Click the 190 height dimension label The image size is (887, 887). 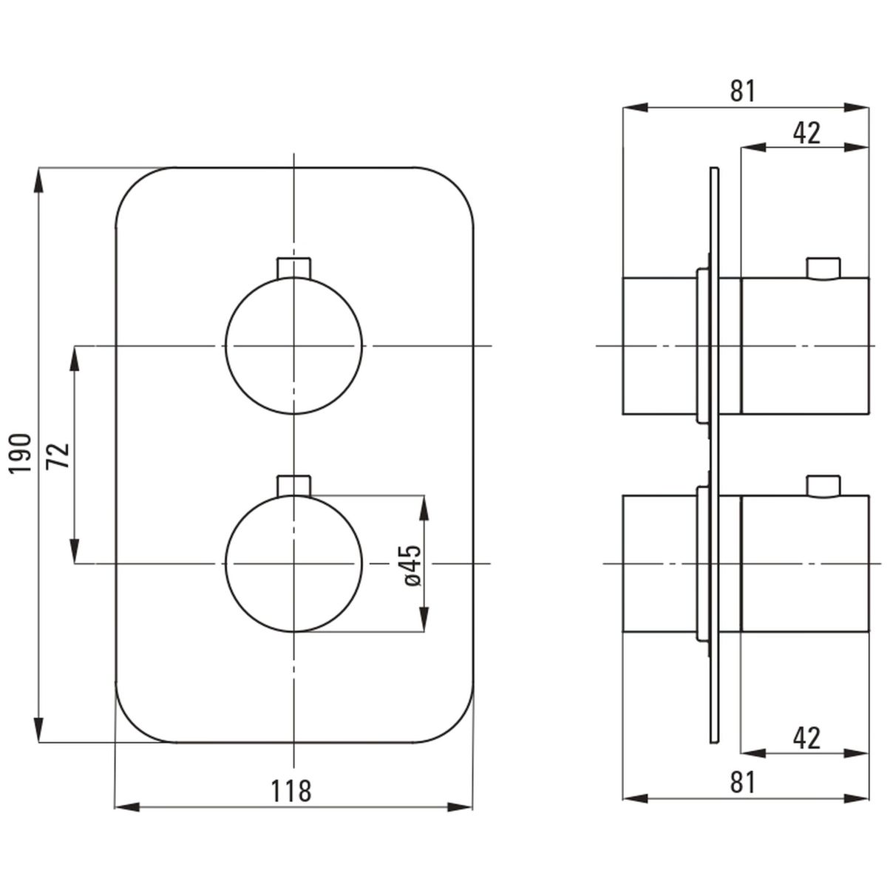pyautogui.click(x=21, y=453)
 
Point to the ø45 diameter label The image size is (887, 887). pyautogui.click(x=412, y=565)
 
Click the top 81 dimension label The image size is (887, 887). pyautogui.click(x=743, y=91)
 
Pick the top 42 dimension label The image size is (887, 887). pyautogui.click(x=806, y=133)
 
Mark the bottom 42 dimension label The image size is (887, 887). pyautogui.click(x=806, y=738)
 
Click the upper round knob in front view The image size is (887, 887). pyautogui.click(x=293, y=346)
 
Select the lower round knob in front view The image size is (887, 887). pyautogui.click(x=293, y=563)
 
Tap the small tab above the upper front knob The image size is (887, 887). pyautogui.click(x=293, y=268)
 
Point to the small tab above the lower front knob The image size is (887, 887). pyautogui.click(x=293, y=486)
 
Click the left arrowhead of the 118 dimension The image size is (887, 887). pyautogui.click(x=126, y=820)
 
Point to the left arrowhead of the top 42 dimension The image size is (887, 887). pyautogui.click(x=753, y=147)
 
